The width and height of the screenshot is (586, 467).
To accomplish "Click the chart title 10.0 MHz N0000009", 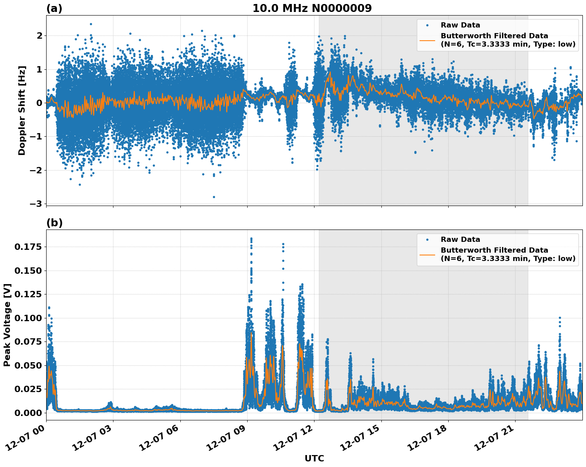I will (x=312, y=8).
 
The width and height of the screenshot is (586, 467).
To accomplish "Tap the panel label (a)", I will (x=54, y=8).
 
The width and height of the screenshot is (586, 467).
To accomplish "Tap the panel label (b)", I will (x=54, y=223).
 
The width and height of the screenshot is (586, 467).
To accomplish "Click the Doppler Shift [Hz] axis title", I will (x=22, y=110).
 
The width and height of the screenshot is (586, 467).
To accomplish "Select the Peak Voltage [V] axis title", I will (x=7, y=325).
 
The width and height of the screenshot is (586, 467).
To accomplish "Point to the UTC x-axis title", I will (x=314, y=458).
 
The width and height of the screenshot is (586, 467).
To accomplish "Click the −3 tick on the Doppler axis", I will (x=36, y=204).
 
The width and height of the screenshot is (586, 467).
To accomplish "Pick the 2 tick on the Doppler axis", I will (x=39, y=35).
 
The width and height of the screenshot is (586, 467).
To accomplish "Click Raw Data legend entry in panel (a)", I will (x=460, y=25).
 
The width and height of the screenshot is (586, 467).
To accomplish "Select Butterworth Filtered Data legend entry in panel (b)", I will (x=508, y=254).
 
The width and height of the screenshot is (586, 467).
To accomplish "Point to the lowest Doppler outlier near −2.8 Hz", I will (x=214, y=197).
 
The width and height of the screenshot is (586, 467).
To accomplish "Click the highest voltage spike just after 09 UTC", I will (x=251, y=239).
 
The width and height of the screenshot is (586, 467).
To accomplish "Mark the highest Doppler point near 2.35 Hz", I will (x=91, y=24).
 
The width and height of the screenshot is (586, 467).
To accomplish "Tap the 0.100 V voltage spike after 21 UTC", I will (x=560, y=318).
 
